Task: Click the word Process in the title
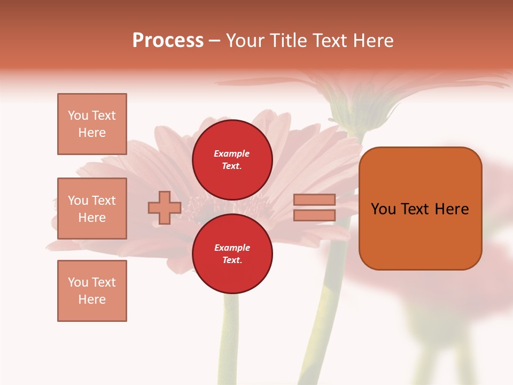tap(168, 41)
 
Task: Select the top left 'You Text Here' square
tap(92, 124)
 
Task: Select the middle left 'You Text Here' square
tap(92, 209)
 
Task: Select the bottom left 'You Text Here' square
tap(92, 291)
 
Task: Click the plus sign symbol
tap(165, 208)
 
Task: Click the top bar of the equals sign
tap(314, 200)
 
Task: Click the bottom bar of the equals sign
tap(314, 215)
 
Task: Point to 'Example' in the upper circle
tap(232, 154)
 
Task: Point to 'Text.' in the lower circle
tap(232, 260)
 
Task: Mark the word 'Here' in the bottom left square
tap(92, 300)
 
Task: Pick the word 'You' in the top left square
tap(77, 115)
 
